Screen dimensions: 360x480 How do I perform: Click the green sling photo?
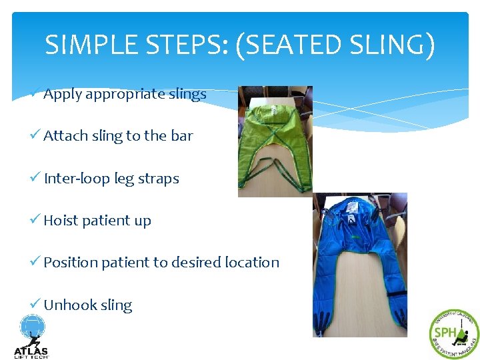[275, 141]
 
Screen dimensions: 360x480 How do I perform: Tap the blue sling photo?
[359, 265]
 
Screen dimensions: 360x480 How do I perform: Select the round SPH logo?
[454, 334]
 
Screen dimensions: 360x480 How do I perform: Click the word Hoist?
[61, 221]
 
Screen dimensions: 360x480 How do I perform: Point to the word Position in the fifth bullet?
[70, 263]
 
